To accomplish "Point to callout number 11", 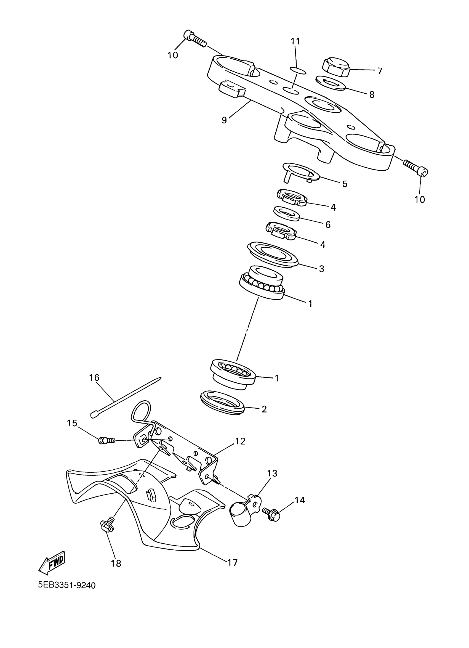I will tap(295, 41).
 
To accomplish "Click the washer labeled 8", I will tap(331, 83).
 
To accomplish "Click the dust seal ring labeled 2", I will tap(222, 403).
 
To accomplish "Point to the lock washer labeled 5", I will tap(300, 173).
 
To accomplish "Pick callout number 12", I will tap(240, 441).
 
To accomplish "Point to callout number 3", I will tap(321, 269).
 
